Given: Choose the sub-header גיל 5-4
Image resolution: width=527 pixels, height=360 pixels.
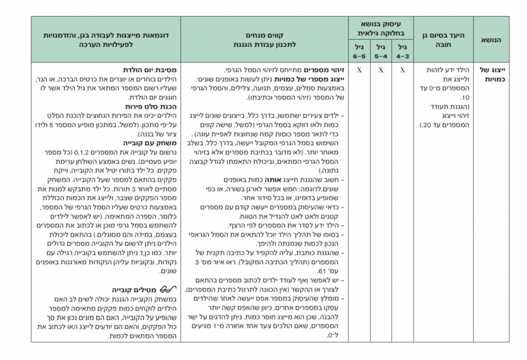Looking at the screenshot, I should [x=381, y=51].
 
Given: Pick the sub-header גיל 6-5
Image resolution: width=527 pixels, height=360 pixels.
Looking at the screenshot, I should [x=359, y=51].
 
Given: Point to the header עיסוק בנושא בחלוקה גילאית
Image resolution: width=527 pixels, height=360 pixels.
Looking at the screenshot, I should [x=381, y=28].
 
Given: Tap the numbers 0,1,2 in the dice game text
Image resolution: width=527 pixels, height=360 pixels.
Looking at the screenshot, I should [x=83, y=152].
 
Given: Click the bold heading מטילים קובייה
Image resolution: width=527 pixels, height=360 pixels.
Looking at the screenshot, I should [x=136, y=289].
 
